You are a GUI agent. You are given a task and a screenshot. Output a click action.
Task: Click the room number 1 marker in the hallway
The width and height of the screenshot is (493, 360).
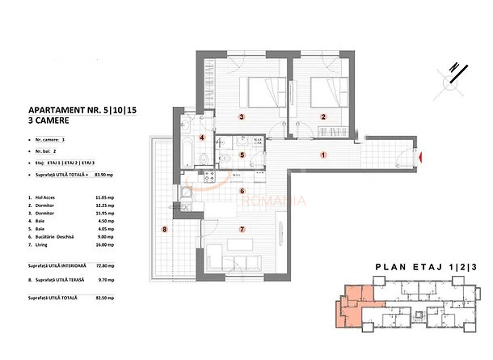[322, 155]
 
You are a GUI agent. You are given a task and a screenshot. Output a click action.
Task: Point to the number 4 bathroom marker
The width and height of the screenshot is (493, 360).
[203, 138]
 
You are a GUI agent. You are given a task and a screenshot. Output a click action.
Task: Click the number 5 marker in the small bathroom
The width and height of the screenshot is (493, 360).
[242, 155]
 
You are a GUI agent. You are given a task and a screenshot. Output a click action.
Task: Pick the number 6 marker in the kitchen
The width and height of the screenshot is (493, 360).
[242, 192]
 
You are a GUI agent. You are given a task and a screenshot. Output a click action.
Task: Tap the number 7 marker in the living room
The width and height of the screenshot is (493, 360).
[242, 229]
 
